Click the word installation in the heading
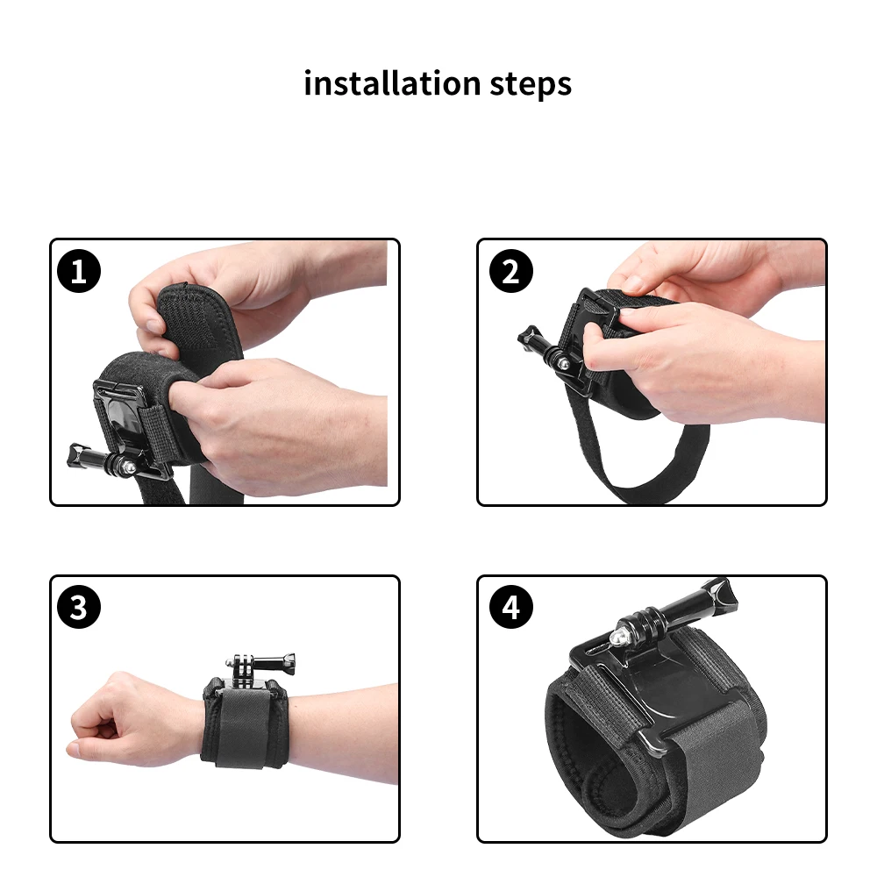click(389, 83)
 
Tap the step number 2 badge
click(510, 272)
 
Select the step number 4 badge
click(510, 608)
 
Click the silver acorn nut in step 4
click(624, 630)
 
